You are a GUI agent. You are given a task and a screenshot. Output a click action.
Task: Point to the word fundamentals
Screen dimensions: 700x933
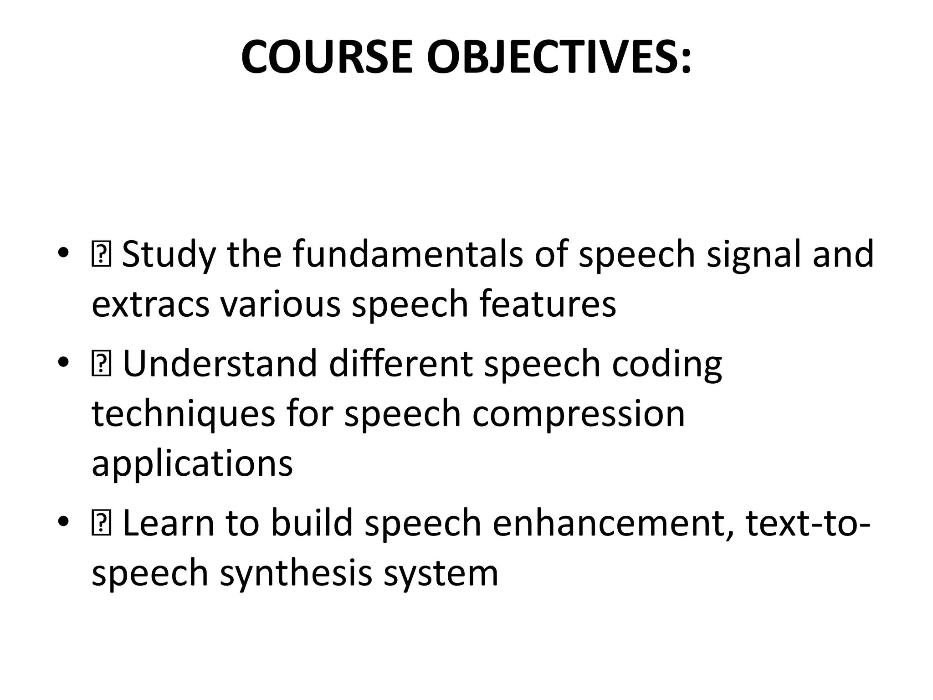click(x=408, y=254)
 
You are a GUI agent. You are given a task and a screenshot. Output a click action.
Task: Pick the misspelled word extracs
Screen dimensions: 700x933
click(x=150, y=304)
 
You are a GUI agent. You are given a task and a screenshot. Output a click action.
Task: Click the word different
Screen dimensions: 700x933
click(x=401, y=363)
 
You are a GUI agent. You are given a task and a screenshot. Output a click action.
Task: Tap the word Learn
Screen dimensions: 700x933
click(x=169, y=523)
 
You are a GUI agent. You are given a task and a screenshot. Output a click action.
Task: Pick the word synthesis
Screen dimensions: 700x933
click(x=297, y=574)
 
